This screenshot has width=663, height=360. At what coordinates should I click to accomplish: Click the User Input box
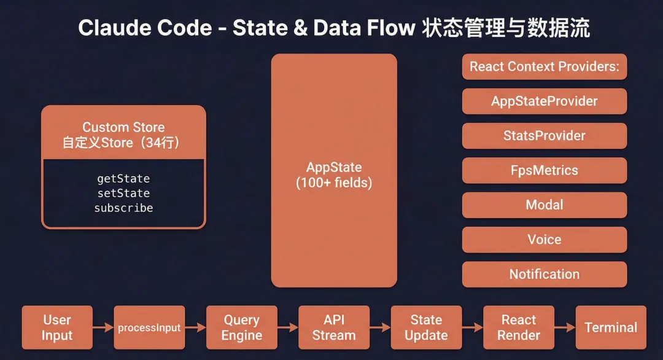(x=57, y=327)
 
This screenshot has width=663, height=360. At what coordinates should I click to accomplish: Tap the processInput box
(x=149, y=327)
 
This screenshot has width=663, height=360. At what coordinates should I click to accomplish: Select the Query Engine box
(x=242, y=327)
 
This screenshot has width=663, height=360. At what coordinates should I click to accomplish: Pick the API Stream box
(x=334, y=327)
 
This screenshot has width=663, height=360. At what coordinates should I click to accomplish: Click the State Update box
(x=426, y=327)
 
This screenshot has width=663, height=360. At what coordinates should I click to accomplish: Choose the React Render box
(x=519, y=327)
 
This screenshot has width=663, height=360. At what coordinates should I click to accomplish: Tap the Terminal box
(x=611, y=327)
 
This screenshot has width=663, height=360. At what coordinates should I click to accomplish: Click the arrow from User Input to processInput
(x=103, y=327)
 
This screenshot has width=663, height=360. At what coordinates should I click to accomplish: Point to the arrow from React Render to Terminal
(x=565, y=327)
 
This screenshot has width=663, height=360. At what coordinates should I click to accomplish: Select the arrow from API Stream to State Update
(x=380, y=327)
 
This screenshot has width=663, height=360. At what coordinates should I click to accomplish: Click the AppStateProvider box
(x=545, y=101)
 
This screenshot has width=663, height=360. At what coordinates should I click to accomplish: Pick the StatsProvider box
(x=545, y=136)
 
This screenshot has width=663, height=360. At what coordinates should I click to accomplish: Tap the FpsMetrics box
(x=545, y=171)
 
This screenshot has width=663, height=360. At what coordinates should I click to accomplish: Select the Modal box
(x=545, y=205)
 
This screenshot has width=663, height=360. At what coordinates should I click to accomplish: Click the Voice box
(x=545, y=240)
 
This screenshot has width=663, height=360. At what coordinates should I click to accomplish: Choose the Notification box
(x=545, y=275)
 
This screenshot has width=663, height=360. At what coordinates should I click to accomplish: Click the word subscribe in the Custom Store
(x=123, y=208)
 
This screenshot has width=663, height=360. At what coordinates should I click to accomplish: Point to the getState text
(x=123, y=179)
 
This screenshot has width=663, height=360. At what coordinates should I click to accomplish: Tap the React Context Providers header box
(x=545, y=66)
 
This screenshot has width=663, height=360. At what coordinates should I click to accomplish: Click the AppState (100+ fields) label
(x=334, y=175)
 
